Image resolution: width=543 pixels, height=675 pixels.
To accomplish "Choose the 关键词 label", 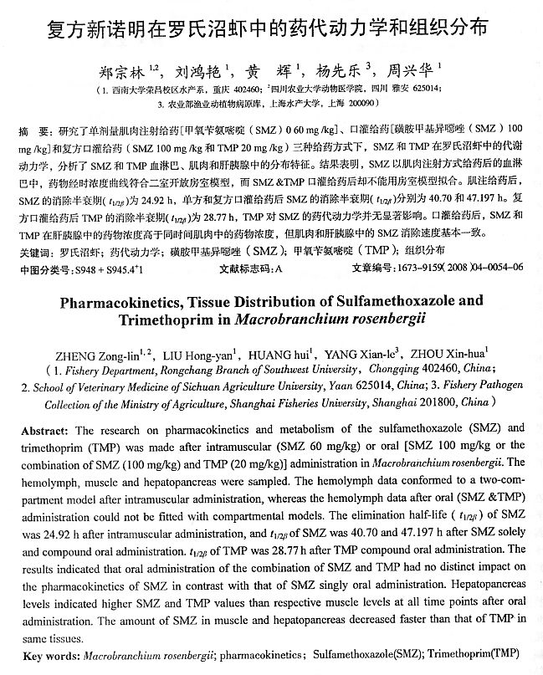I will click(34, 252).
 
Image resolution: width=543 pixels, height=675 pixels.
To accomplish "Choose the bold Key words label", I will click(49, 654).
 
